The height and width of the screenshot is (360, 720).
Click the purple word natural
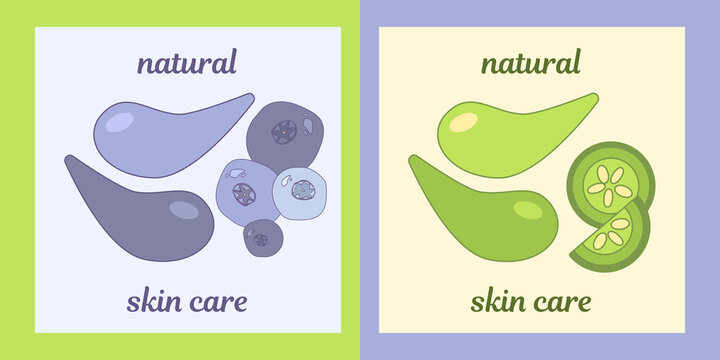[x=187, y=63]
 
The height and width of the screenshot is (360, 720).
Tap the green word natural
[x=530, y=63]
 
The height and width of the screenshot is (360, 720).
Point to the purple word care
[x=219, y=300]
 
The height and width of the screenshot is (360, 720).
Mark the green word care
[x=563, y=300]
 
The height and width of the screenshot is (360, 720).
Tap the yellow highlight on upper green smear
[x=463, y=123]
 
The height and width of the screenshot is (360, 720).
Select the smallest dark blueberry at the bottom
[x=260, y=238]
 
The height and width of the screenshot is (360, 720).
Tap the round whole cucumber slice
[x=610, y=180]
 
